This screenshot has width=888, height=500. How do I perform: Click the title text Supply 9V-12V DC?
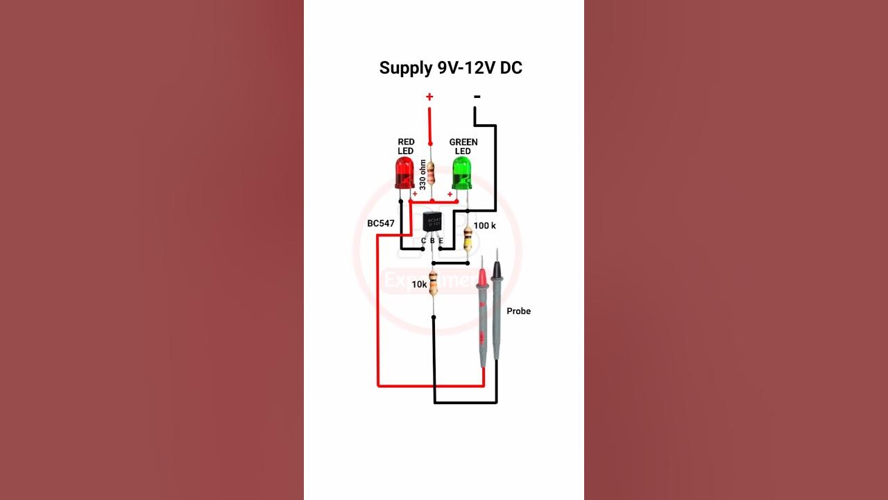450,68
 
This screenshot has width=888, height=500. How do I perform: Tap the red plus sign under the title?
429,97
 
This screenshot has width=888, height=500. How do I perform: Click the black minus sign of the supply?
477,96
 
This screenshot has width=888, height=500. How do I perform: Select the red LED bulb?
404,172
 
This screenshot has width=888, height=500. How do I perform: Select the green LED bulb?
461,172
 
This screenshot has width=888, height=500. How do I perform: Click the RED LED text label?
406,147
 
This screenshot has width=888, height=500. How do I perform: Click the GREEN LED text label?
463,147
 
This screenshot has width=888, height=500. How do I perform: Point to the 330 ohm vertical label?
422,174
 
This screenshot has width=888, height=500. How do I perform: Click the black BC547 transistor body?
432,223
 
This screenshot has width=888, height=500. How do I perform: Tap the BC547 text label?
381,224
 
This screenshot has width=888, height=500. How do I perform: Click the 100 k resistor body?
468,237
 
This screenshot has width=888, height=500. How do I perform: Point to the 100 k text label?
485,226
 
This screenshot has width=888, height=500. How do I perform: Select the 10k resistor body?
434,283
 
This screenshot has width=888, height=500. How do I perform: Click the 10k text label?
419,285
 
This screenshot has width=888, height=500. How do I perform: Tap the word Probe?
518,311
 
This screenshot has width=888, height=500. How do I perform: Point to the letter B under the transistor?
432,241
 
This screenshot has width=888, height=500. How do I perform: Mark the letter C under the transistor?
423,241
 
